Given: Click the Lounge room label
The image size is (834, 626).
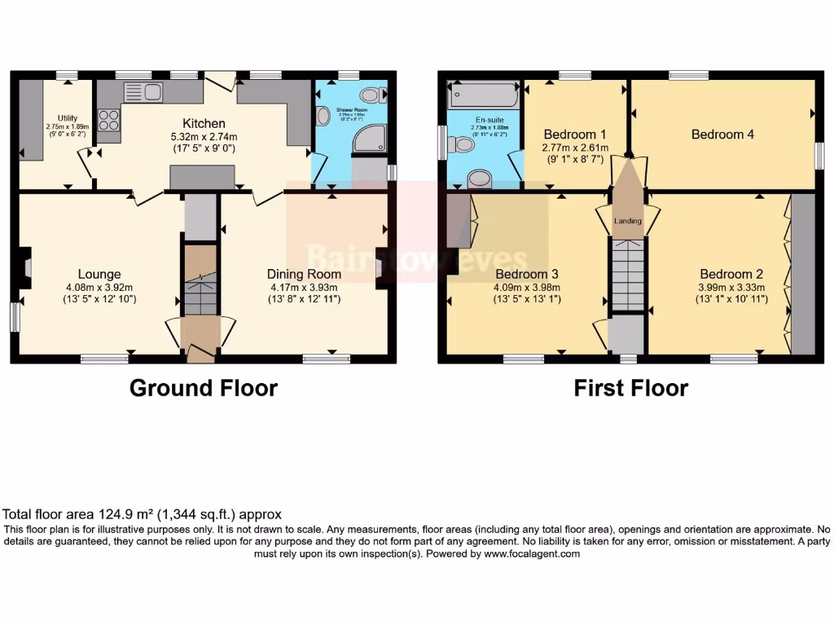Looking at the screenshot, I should pos(99,274).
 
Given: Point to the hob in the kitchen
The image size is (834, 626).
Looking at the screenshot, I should pos(108,120).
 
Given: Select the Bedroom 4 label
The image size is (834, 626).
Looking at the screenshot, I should pos(722,134).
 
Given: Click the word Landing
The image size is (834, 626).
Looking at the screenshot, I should pos(628,221).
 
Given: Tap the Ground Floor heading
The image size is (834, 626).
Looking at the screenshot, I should pos(204,388).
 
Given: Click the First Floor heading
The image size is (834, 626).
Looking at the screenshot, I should pos(630,388).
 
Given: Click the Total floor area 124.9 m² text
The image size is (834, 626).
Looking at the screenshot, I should pos(143,514).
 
